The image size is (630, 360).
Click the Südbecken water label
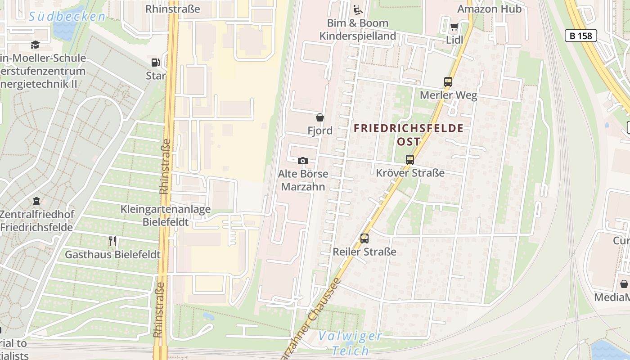pyautogui.click(x=67, y=17)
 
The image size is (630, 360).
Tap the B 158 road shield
pyautogui.click(x=580, y=36)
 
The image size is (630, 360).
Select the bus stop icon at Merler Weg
pyautogui.click(x=448, y=82)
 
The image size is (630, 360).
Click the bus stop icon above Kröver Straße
pyautogui.click(x=410, y=159)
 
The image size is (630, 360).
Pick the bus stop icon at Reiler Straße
pyautogui.click(x=364, y=238)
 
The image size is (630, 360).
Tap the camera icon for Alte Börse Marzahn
pyautogui.click(x=303, y=161)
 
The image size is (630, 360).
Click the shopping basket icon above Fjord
pyautogui.click(x=320, y=117)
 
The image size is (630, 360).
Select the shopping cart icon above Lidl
pyautogui.click(x=454, y=27)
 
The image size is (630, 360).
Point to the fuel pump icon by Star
pyautogui.click(x=155, y=63)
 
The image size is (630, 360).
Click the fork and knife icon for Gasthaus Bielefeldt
pyautogui.click(x=112, y=241)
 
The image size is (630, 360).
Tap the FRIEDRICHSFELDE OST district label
pyautogui.click(x=409, y=135)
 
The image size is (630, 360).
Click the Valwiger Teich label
pyautogui.click(x=350, y=343)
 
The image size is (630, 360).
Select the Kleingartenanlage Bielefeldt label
pyautogui.click(x=165, y=216)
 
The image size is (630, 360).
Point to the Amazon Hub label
pyautogui.click(x=489, y=9)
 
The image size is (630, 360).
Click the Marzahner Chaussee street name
pyautogui.click(x=310, y=317)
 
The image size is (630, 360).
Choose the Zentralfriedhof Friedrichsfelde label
pyautogui.click(x=36, y=220)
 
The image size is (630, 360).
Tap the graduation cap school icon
pyautogui.click(x=35, y=44)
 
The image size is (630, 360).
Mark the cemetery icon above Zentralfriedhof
pyautogui.click(x=36, y=201)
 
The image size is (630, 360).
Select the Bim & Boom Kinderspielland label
pyautogui.click(x=358, y=29)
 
